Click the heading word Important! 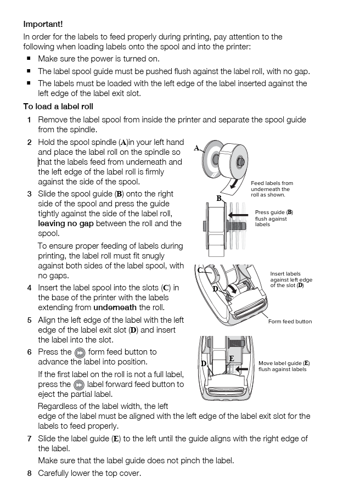(x=43, y=24)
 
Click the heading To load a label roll (x=58, y=106)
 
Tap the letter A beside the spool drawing (x=196, y=148)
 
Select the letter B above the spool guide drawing (x=219, y=199)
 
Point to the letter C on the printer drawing (x=200, y=270)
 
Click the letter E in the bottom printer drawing (x=232, y=358)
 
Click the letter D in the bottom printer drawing (x=204, y=363)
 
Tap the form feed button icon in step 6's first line (x=80, y=352)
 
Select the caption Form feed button (x=290, y=322)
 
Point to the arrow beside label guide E (x=241, y=369)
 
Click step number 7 (x=29, y=439)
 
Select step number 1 (x=29, y=120)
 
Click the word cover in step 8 (x=130, y=473)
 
